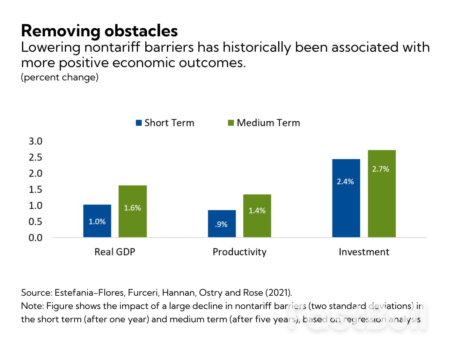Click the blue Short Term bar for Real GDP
97,221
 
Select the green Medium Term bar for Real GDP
132,211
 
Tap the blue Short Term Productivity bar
222,224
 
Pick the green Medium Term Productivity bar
257,216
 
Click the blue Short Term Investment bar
346,198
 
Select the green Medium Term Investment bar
381,194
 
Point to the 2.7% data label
380,169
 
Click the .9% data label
221,224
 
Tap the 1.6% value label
132,208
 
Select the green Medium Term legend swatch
231,123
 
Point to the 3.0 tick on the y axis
35,141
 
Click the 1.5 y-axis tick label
35,189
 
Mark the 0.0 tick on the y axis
35,238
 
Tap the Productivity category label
240,252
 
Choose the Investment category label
364,252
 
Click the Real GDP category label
115,252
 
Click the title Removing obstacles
100,31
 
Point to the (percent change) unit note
60,77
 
